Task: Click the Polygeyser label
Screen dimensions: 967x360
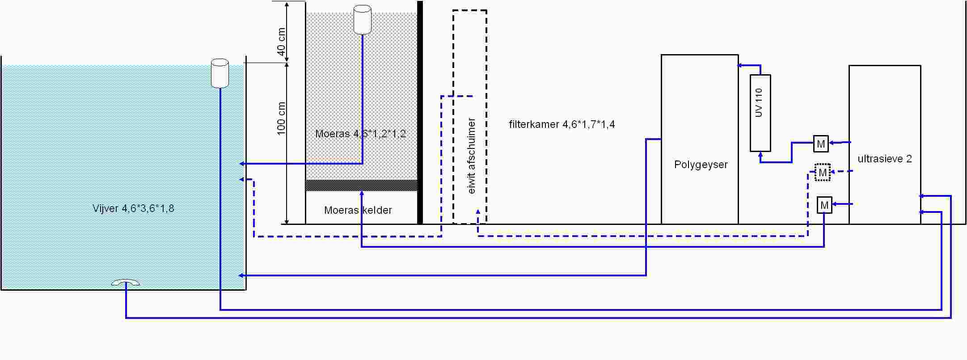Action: pyautogui.click(x=701, y=165)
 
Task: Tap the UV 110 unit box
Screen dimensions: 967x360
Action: pyautogui.click(x=760, y=113)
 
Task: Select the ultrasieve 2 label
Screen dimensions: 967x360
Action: pyautogui.click(x=884, y=159)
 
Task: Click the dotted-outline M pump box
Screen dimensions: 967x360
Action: pyautogui.click(x=822, y=173)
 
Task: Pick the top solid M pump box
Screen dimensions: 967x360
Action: pyautogui.click(x=821, y=144)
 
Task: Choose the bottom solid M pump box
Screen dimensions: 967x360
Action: pyautogui.click(x=824, y=205)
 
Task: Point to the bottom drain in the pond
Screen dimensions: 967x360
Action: pyautogui.click(x=126, y=282)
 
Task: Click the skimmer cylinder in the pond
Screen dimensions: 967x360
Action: pyautogui.click(x=220, y=73)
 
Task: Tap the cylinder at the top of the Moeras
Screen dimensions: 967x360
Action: pyautogui.click(x=362, y=20)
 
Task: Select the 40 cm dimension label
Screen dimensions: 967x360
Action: pyautogui.click(x=281, y=41)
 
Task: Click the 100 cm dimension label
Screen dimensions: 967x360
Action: pyautogui.click(x=281, y=119)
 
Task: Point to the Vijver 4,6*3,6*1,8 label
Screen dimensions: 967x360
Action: pyautogui.click(x=133, y=208)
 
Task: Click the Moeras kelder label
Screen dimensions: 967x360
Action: pyautogui.click(x=358, y=210)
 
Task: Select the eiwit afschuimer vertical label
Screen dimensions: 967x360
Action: pyautogui.click(x=471, y=156)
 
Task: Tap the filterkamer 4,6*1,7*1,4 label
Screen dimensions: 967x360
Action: pyautogui.click(x=562, y=124)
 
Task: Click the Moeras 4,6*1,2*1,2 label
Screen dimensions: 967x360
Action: pyautogui.click(x=360, y=133)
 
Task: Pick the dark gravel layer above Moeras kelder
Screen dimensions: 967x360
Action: pyautogui.click(x=361, y=185)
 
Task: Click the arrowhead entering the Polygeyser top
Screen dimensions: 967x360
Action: pyautogui.click(x=740, y=65)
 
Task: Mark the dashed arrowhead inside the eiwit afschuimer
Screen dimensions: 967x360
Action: pyautogui.click(x=478, y=212)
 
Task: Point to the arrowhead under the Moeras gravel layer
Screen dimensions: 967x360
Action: pyautogui.click(x=361, y=194)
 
